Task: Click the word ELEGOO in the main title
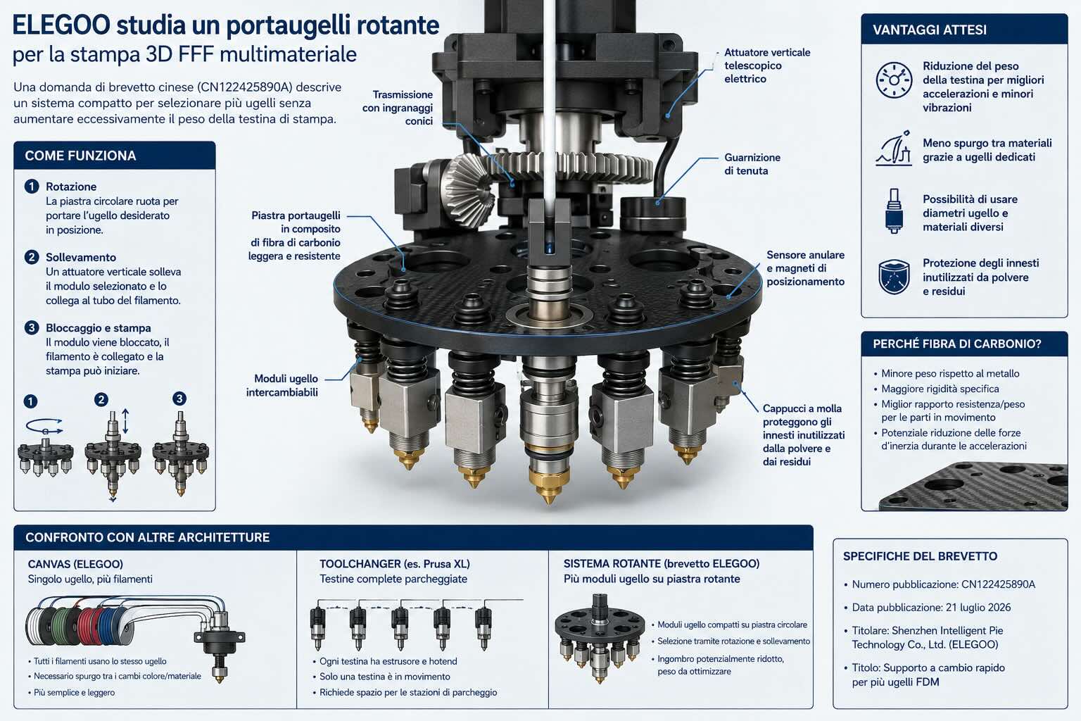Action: pyautogui.click(x=61, y=25)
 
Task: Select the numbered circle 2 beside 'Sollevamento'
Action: pyautogui.click(x=32, y=257)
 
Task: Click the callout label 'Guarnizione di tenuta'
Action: pyautogui.click(x=752, y=164)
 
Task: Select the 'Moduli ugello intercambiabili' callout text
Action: pyautogui.click(x=282, y=385)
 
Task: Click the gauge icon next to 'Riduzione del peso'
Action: pyautogui.click(x=894, y=80)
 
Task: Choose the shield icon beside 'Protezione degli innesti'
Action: pyautogui.click(x=894, y=276)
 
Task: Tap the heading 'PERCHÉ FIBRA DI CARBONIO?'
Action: pyautogui.click(x=956, y=344)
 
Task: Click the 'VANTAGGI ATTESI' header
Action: pyautogui.click(x=930, y=30)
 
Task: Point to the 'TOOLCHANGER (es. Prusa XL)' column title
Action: pyautogui.click(x=394, y=563)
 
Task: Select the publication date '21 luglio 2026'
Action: pyautogui.click(x=978, y=608)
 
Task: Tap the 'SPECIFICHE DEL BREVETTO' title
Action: pyautogui.click(x=920, y=556)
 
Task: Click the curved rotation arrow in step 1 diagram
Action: pyautogui.click(x=44, y=427)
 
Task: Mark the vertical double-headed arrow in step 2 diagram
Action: pyautogui.click(x=125, y=421)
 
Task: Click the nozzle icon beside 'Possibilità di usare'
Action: pyautogui.click(x=894, y=211)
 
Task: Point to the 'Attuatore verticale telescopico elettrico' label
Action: pyautogui.click(x=767, y=65)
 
